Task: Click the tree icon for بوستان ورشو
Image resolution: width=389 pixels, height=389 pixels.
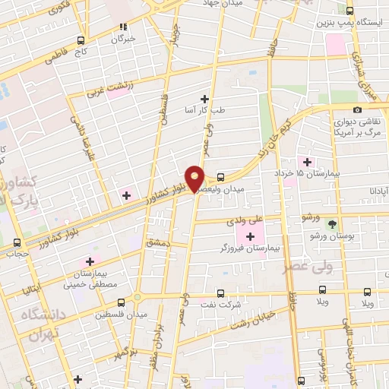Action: point(331,223)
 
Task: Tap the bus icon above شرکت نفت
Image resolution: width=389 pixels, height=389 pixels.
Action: point(220,293)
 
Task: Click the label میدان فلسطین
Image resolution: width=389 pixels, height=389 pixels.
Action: point(120,314)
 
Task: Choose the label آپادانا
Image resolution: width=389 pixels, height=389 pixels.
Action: point(374,189)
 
